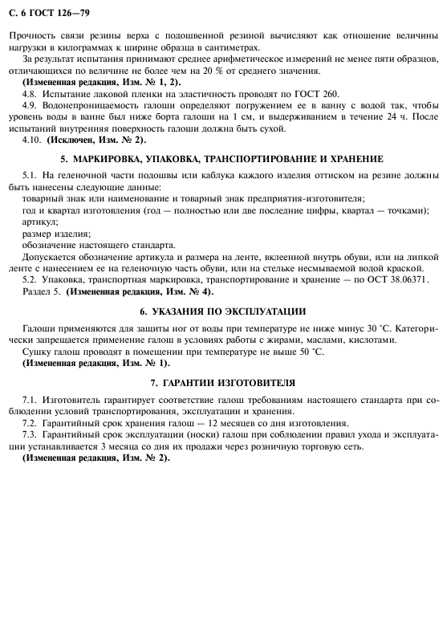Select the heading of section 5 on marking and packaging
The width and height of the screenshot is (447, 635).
click(222, 158)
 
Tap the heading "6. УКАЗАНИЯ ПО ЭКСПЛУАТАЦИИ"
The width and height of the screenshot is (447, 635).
click(222, 311)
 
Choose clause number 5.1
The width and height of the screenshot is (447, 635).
click(31, 175)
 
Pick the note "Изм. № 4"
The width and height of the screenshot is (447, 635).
click(189, 291)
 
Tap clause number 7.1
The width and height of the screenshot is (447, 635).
click(31, 399)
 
